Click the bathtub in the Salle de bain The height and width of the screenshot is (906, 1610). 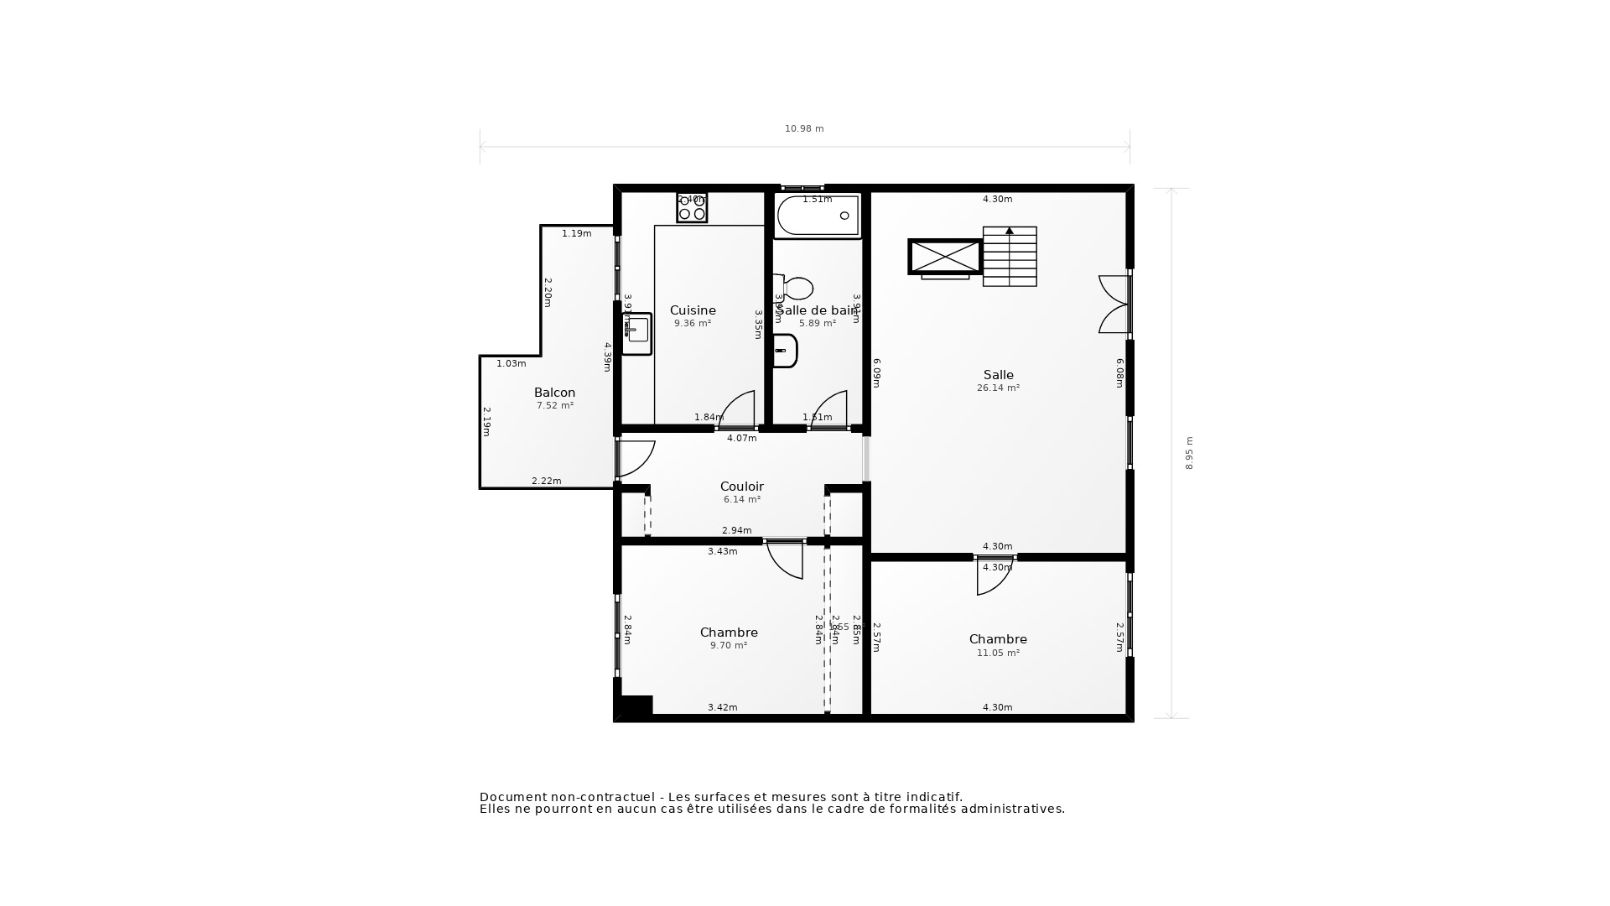(x=818, y=216)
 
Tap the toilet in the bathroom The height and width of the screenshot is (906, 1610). (x=794, y=289)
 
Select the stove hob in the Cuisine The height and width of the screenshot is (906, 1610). (x=692, y=207)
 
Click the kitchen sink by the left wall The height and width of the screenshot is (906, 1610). (x=637, y=333)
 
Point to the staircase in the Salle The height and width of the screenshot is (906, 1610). (x=1010, y=257)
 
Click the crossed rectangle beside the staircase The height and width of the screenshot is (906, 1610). (x=945, y=257)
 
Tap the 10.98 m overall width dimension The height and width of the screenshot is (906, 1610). (x=804, y=129)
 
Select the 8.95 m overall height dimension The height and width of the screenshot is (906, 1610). (x=1189, y=453)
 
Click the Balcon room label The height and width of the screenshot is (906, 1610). (x=554, y=393)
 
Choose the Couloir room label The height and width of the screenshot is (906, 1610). (x=741, y=487)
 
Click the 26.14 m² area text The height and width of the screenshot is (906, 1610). (x=998, y=388)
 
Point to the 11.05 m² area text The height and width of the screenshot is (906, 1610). (x=998, y=653)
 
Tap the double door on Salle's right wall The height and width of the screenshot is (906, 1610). (x=1115, y=305)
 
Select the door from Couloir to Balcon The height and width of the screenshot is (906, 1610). (x=635, y=458)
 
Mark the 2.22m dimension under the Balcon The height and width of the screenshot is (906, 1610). (x=546, y=481)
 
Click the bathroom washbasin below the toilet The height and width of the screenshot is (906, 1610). (x=785, y=351)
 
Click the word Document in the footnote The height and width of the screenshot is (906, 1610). (x=512, y=797)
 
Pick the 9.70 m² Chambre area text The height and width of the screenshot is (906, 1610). (x=728, y=646)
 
